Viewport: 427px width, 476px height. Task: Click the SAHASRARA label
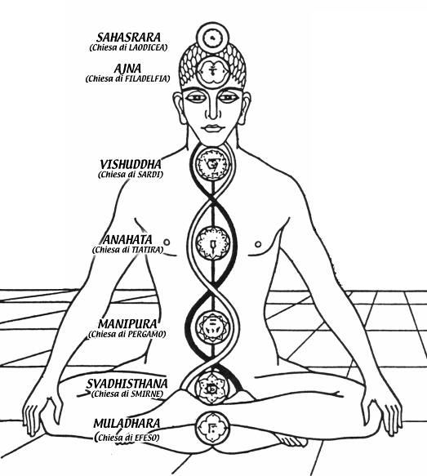click(x=128, y=38)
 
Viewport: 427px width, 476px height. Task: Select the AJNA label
click(x=127, y=69)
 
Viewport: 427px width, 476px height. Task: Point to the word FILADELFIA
click(x=147, y=78)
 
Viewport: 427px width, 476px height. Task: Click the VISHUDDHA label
click(x=131, y=165)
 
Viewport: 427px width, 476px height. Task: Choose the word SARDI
click(x=149, y=175)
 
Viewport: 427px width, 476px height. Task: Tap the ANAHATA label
click(x=127, y=240)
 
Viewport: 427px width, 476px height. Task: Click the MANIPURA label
click(x=127, y=324)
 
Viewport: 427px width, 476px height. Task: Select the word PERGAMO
click(x=145, y=334)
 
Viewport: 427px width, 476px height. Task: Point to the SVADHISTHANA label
click(x=127, y=384)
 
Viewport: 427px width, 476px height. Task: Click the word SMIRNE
click(x=146, y=394)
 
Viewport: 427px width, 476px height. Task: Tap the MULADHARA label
click(x=127, y=423)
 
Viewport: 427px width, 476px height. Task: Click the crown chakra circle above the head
click(x=212, y=38)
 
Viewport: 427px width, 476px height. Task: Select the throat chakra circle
click(x=212, y=165)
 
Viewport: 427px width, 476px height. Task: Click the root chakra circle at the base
click(x=212, y=428)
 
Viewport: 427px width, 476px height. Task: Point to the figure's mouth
click(x=212, y=128)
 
